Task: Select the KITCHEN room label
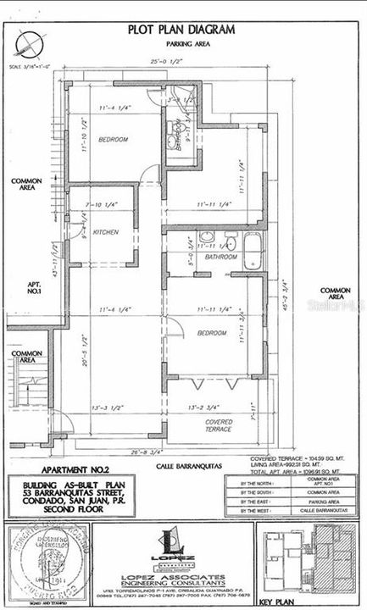tap(106, 231)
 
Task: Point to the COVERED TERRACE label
tap(218, 425)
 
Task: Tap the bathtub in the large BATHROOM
tap(252, 251)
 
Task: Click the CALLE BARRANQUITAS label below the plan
tap(185, 465)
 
